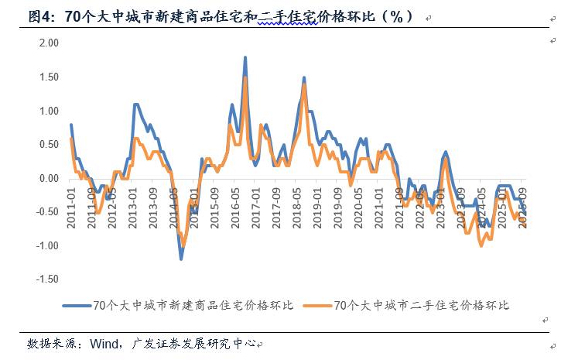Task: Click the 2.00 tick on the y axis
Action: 48,43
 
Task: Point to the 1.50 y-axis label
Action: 48,77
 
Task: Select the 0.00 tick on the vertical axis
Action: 48,178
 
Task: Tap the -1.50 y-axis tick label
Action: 46,279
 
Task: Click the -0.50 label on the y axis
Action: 46,211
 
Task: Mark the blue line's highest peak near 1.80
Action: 245,57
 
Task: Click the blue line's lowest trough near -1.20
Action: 182,259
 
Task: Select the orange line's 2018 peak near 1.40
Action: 304,84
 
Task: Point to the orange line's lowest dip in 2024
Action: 481,245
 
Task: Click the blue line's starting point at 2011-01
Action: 71,125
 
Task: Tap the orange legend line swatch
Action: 317,305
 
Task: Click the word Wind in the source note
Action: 105,343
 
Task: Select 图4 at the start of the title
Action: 39,16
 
